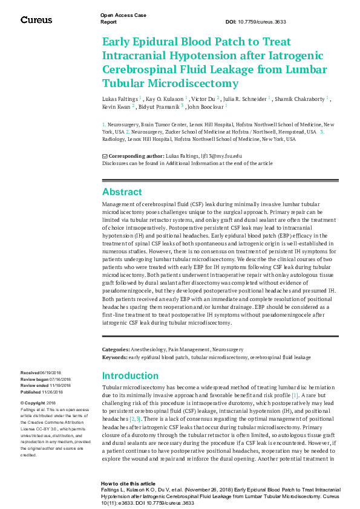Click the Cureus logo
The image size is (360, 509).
(x=36, y=19)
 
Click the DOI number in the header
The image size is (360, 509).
(x=265, y=22)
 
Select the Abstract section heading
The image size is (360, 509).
(x=122, y=192)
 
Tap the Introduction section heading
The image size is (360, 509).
(x=130, y=375)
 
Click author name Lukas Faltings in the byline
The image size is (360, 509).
(x=119, y=98)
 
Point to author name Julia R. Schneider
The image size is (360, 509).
(x=246, y=98)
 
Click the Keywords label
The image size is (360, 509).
(x=114, y=357)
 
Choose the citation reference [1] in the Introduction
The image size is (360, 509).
(x=295, y=395)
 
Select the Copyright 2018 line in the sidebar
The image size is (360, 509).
(x=38, y=403)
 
